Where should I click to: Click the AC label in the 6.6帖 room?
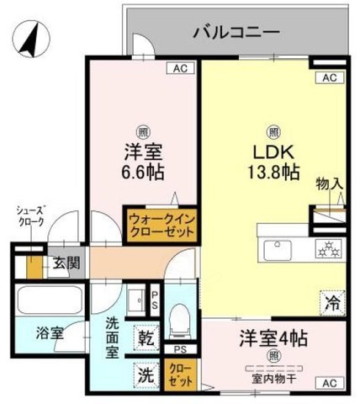pyautogui.click(x=180, y=69)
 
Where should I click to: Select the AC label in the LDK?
pyautogui.click(x=327, y=78)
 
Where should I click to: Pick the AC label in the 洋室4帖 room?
pyautogui.click(x=327, y=383)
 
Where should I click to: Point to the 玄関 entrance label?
pyautogui.click(x=66, y=263)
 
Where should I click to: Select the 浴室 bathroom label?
pyautogui.click(x=50, y=332)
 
